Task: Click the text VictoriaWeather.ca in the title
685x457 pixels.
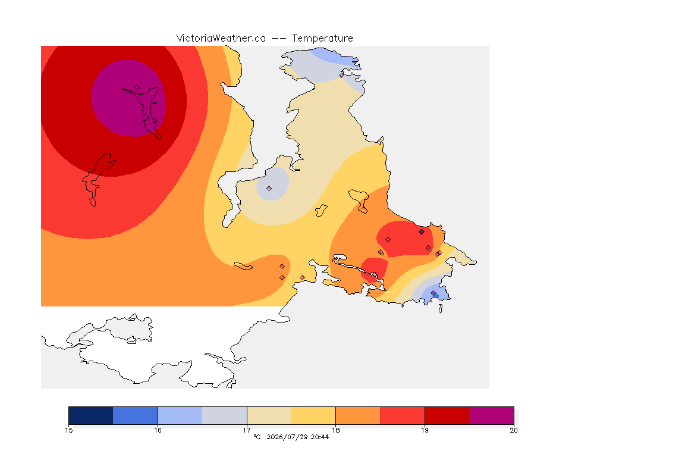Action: point(221,39)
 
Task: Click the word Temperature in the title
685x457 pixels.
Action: point(322,39)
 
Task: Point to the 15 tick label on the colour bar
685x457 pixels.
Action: point(68,430)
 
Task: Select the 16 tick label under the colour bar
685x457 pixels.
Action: point(158,430)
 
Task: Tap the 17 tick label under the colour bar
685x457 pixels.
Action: point(247,430)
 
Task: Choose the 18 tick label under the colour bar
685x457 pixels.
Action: point(335,430)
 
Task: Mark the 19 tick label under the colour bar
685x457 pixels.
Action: point(425,430)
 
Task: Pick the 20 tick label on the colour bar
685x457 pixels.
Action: point(514,430)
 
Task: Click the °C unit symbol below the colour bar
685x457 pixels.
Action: point(257,437)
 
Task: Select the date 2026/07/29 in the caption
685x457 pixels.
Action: point(287,437)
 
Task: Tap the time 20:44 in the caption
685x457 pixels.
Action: point(320,437)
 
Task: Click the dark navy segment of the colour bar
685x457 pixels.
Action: point(91,415)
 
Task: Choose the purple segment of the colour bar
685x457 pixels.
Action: point(492,415)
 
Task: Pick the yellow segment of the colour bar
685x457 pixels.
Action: point(313,415)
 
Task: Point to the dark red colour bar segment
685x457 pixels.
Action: point(447,415)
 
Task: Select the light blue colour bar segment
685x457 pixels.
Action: point(180,415)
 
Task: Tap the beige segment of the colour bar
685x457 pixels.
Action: point(269,415)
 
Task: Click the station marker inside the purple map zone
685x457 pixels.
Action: point(137,87)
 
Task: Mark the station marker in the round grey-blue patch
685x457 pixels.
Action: point(269,189)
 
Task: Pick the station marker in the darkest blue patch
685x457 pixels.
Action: point(433,293)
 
